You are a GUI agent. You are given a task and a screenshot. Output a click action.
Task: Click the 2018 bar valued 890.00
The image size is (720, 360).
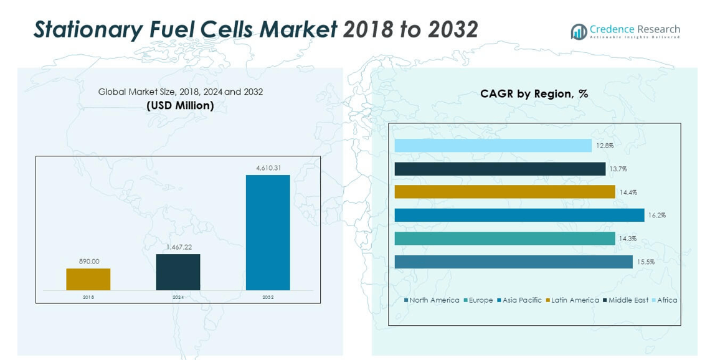pos(88,279)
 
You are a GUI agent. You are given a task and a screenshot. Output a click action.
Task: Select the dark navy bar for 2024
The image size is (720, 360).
pos(178,272)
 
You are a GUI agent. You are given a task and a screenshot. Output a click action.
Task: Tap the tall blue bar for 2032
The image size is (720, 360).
pos(268,232)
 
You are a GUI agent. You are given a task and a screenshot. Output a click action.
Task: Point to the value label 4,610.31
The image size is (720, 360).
pos(268,168)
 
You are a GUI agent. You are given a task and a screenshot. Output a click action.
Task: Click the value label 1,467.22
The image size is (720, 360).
pos(179,247)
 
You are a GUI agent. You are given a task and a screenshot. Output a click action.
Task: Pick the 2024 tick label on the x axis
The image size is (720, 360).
pos(178,297)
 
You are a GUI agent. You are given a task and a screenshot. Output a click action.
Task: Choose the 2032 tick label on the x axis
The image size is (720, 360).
pos(268,297)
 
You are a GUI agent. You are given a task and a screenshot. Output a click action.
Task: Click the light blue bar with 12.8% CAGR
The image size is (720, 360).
pos(493,146)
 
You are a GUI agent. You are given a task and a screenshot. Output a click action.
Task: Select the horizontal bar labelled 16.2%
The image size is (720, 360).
pos(519,215)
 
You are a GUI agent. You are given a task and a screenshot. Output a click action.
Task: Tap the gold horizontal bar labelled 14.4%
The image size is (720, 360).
pos(504,192)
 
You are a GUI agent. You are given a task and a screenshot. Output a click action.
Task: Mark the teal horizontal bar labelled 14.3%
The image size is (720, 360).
pos(504,239)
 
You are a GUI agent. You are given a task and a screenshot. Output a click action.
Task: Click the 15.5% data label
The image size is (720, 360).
pos(645,262)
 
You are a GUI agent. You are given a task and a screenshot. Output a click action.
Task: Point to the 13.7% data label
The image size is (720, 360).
pos(618,169)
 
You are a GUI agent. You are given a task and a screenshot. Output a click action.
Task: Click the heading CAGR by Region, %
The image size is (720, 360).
pos(534,94)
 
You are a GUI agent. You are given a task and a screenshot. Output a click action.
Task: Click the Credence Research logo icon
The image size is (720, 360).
pos(579,32)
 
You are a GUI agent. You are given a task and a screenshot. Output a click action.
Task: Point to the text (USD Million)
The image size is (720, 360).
pos(180,105)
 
